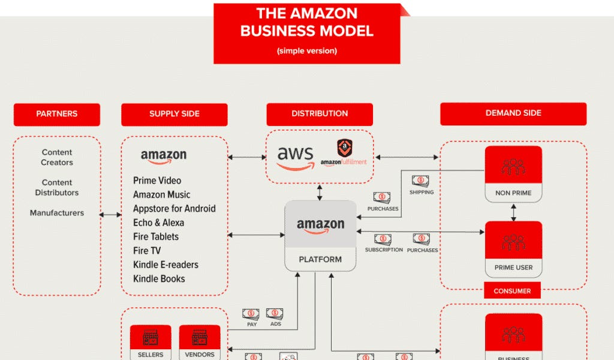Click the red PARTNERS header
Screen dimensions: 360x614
click(57, 114)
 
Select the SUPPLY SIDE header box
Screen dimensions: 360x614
click(174, 114)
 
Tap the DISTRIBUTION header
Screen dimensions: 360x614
click(320, 114)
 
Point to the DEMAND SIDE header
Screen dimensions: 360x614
click(513, 113)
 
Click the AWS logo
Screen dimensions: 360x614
click(295, 157)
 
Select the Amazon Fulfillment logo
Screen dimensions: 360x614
click(344, 153)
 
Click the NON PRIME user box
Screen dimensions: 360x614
click(513, 174)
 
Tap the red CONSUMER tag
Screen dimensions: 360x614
click(512, 291)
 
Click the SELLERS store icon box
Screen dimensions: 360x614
click(151, 342)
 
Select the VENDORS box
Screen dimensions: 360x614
click(200, 342)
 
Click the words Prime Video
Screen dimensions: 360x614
click(157, 181)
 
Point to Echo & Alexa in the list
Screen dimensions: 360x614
click(159, 223)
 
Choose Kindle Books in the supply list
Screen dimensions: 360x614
click(159, 278)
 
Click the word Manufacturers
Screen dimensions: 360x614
click(57, 213)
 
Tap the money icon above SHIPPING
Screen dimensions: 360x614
click(420, 181)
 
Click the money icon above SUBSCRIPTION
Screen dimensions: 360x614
click(383, 239)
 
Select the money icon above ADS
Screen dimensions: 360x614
click(275, 313)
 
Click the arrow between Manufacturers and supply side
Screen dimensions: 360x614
click(111, 214)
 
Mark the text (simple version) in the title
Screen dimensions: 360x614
click(307, 51)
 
